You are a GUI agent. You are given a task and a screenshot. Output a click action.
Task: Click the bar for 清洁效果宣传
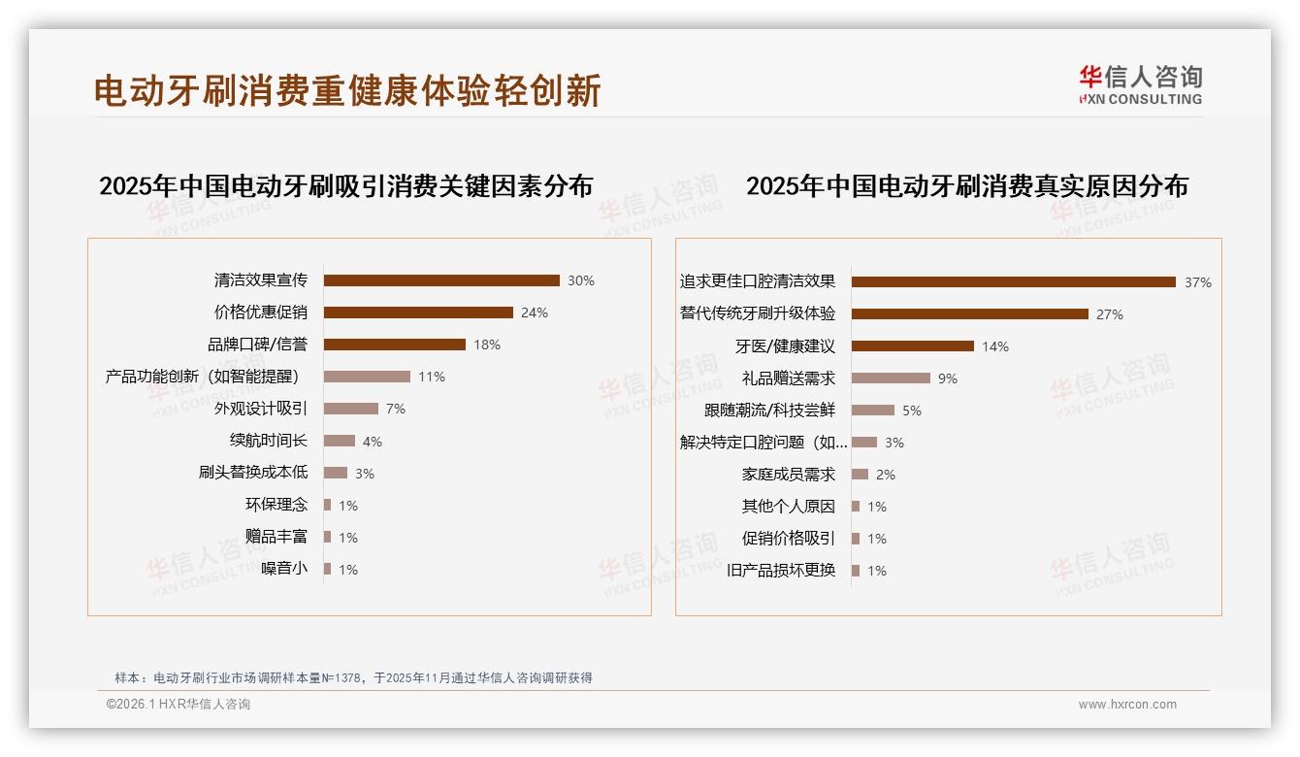coord(441,280)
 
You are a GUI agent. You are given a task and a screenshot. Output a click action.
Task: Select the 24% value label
coord(535,313)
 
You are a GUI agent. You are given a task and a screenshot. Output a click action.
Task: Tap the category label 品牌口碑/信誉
coord(257,345)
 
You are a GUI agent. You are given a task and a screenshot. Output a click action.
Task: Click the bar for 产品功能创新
coord(367,377)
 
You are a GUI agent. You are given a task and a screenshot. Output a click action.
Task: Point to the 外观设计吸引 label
coord(260,409)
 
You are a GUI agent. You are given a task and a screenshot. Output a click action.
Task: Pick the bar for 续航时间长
coord(340,441)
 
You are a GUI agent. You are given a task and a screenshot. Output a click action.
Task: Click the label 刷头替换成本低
coord(252,473)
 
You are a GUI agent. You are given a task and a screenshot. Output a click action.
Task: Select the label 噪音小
coord(284,569)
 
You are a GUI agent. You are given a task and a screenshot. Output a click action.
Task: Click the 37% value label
coord(1197,282)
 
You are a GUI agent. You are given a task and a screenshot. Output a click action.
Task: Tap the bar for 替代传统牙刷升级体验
coord(970,314)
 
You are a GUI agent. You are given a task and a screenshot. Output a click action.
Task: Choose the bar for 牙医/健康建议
coord(913,346)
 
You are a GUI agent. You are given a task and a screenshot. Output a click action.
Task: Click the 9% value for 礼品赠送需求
coord(947,378)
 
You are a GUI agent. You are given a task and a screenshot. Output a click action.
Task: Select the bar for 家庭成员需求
coord(860,475)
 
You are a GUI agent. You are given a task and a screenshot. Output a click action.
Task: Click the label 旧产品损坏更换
coord(781,571)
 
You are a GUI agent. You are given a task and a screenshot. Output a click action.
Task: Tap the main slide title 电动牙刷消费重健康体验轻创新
coord(347,90)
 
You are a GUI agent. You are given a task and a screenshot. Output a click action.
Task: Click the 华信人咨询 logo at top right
coord(1140,84)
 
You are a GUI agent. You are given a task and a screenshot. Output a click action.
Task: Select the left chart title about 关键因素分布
coord(345,186)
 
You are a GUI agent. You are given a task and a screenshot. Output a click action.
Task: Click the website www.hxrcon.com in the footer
coord(1127,705)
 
